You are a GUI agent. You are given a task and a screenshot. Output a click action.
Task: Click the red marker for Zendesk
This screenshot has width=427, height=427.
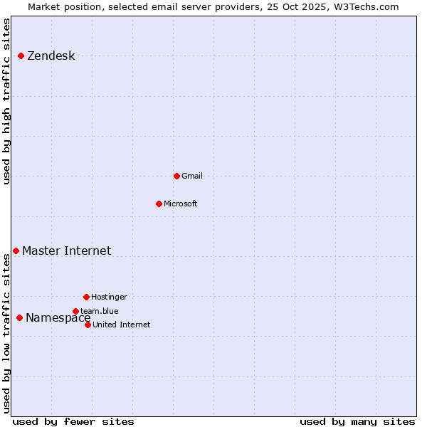[x=21, y=56]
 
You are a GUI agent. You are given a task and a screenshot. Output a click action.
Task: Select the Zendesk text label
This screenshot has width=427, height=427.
[x=51, y=56]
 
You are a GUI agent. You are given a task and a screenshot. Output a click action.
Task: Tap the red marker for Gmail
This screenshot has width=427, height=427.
[x=176, y=176]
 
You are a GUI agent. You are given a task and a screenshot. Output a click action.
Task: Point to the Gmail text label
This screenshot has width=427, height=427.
[x=192, y=176]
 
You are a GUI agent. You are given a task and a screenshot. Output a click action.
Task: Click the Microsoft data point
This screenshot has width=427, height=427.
[x=159, y=204]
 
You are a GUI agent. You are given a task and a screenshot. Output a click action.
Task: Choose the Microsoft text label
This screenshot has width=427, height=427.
[x=180, y=204]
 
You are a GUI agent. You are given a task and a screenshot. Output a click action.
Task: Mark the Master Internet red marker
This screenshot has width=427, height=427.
[x=16, y=251]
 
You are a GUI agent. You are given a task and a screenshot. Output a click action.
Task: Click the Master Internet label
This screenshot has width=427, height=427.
[x=66, y=251]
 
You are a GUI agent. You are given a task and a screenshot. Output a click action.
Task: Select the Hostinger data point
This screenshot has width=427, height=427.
[x=86, y=297]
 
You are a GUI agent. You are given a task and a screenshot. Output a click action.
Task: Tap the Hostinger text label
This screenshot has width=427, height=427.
[x=109, y=297]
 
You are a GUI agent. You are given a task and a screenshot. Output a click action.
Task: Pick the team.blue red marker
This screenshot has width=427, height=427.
[x=75, y=311]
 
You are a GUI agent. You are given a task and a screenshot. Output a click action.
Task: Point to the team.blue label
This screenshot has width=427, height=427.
[x=100, y=311]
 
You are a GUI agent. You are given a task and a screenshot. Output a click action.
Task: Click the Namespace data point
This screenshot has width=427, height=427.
[x=19, y=317]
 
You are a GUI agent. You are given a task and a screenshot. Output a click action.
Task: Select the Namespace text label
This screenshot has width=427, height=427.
[x=58, y=318]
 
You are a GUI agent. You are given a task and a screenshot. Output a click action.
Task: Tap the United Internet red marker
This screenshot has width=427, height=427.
[x=88, y=325]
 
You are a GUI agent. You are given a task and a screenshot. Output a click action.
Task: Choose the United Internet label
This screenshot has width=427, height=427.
[x=121, y=325]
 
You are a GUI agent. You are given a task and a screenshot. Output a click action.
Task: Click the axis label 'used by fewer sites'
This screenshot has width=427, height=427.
[x=73, y=421]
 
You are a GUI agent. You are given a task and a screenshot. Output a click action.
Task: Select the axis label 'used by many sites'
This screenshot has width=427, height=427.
[x=357, y=421]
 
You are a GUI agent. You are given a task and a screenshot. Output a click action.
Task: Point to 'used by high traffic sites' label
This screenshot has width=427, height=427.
[x=7, y=101]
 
